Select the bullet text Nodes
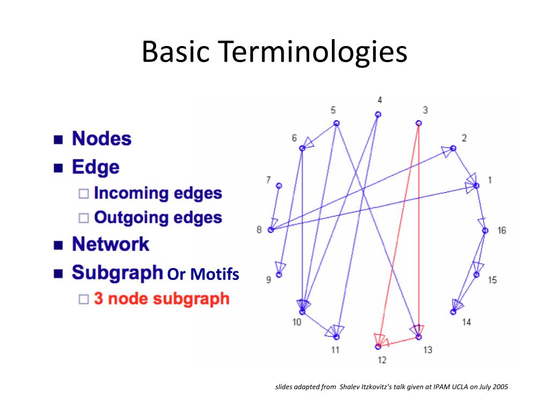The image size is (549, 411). click(x=101, y=139)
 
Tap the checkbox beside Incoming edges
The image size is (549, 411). click(x=83, y=193)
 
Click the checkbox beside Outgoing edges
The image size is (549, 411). click(x=83, y=218)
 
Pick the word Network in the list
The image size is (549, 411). click(x=110, y=245)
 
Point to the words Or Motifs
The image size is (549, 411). click(x=203, y=275)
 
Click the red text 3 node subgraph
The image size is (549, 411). click(x=161, y=298)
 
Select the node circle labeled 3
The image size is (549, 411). click(x=418, y=123)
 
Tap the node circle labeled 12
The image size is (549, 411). click(x=378, y=346)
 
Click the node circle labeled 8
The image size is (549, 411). click(x=271, y=230)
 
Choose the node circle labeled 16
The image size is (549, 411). click(x=485, y=231)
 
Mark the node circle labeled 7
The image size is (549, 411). click(x=279, y=186)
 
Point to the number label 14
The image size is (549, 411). click(x=466, y=322)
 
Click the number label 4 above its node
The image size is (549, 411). click(x=380, y=100)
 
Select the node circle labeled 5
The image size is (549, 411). click(x=337, y=123)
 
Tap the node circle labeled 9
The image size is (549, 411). click(x=279, y=275)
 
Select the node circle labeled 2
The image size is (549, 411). click(x=453, y=148)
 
